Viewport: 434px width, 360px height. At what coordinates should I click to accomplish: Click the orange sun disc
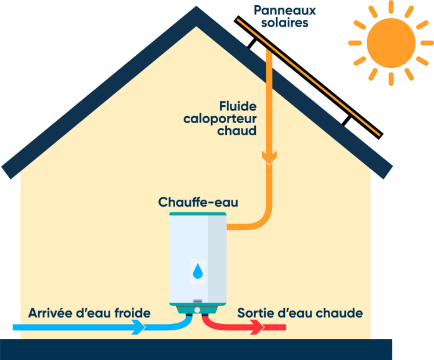(390, 42)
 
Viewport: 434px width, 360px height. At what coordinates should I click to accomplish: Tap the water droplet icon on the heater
(198, 271)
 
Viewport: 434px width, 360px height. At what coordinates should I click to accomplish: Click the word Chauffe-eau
(198, 202)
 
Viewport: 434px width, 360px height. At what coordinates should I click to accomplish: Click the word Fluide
(238, 106)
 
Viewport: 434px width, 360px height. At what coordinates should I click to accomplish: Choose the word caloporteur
(220, 119)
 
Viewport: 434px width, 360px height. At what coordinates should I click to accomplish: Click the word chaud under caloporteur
(237, 131)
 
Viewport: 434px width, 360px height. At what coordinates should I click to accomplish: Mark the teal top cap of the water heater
(198, 214)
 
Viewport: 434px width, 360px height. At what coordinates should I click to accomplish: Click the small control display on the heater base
(197, 302)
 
